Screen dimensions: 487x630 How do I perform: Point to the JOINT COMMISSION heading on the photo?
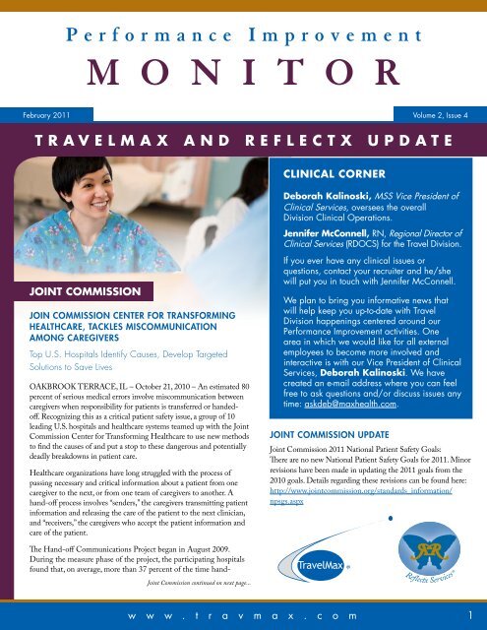click(x=71, y=291)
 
